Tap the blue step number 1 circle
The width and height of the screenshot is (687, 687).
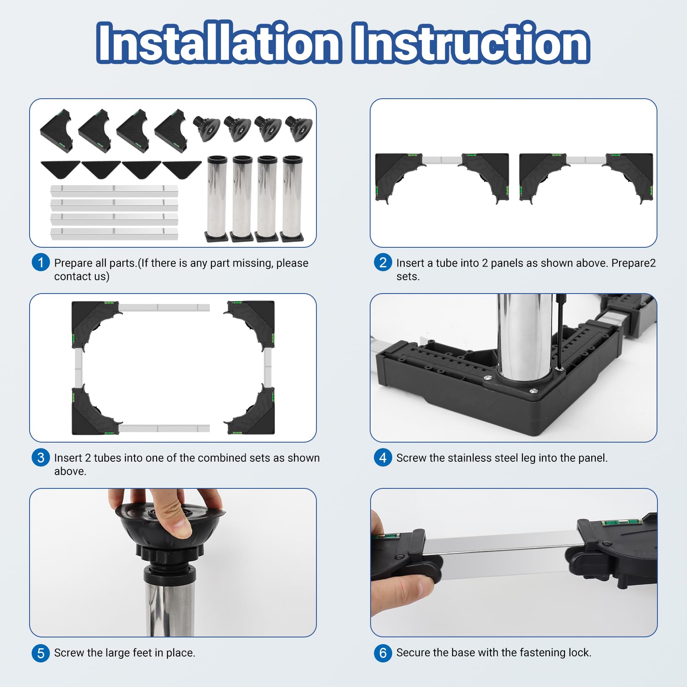point(41,263)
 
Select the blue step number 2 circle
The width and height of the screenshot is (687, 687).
point(383,263)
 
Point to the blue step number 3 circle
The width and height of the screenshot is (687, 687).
point(41,458)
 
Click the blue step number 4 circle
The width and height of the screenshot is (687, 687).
point(383,458)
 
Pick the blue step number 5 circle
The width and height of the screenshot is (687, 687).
point(41,652)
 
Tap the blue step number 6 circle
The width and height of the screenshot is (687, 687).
point(383,652)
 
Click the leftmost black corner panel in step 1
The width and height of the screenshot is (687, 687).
point(57,130)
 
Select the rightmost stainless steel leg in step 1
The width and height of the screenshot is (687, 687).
point(293,199)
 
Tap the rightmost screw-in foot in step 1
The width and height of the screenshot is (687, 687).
point(299,128)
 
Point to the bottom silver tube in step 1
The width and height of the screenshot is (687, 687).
point(114,234)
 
